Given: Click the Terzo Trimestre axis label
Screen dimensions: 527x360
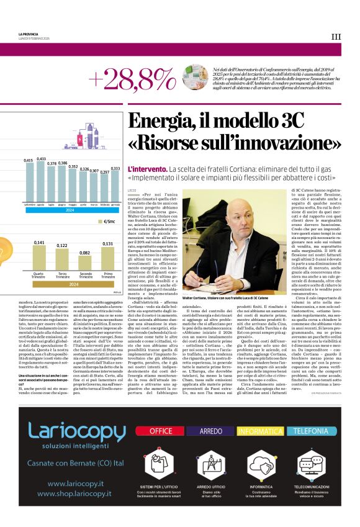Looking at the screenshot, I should pos(62,275).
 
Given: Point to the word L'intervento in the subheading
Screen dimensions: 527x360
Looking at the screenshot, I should pos(146,169).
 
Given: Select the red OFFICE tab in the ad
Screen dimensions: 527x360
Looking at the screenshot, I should pos(161,431).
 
